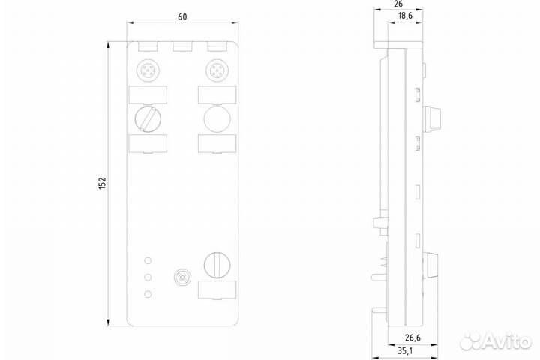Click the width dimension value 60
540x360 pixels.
click(182, 18)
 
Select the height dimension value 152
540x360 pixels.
click(103, 184)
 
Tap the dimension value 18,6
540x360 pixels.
click(404, 15)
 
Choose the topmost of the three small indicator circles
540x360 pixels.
click(148, 260)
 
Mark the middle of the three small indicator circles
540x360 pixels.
click(148, 277)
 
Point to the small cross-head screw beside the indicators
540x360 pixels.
click(180, 277)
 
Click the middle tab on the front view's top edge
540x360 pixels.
click(182, 48)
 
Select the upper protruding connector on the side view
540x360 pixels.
click(433, 117)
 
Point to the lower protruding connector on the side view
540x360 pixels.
click(433, 263)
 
